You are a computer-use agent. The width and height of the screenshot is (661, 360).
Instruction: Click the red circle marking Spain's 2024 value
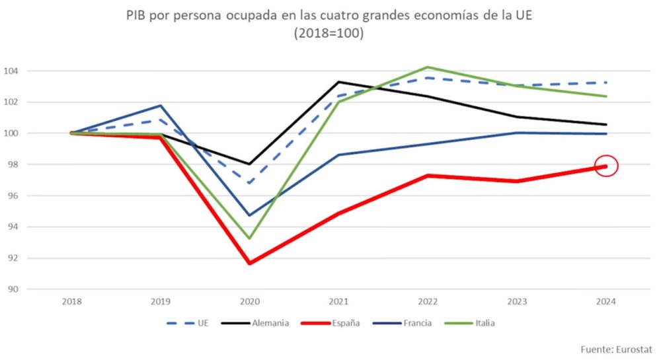[x=606, y=166]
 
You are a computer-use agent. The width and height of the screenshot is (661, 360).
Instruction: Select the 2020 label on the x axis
[x=249, y=302]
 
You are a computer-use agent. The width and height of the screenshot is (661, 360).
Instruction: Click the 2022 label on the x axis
[x=428, y=302]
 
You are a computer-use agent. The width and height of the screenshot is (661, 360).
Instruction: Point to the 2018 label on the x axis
[x=71, y=302]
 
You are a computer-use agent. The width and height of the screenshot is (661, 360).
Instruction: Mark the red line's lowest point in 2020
[x=249, y=264]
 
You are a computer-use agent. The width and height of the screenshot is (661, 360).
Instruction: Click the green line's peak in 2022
[x=428, y=67]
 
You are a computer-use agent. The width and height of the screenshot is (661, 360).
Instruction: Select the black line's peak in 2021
[x=338, y=82]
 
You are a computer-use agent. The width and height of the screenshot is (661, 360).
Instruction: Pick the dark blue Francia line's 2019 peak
[x=160, y=106]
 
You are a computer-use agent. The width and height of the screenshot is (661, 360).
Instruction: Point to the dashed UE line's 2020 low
[x=249, y=183]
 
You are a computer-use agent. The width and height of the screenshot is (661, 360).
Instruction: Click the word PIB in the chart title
[x=137, y=16]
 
